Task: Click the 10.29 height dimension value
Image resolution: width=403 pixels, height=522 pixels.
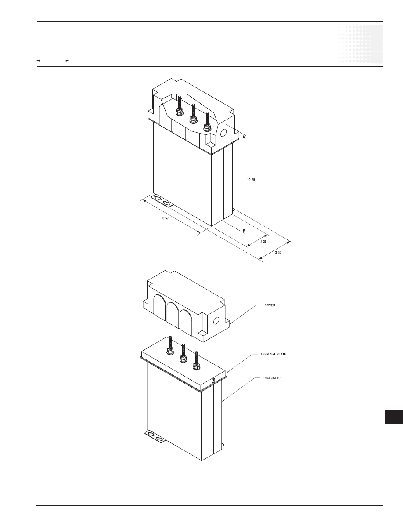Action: [x=251, y=180]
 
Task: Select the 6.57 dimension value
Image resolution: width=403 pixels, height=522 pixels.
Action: [x=166, y=218]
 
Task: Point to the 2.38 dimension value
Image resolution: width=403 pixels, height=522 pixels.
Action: [x=263, y=241]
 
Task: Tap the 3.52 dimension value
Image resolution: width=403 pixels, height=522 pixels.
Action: [x=278, y=253]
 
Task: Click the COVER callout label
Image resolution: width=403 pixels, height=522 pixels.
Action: [x=270, y=305]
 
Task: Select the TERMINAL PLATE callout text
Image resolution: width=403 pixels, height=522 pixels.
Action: [x=273, y=354]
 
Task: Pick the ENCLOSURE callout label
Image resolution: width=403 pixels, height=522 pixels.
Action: [x=272, y=378]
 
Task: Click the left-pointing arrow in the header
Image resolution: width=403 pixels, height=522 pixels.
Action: [x=42, y=61]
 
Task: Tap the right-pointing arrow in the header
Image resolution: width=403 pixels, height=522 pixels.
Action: [x=63, y=61]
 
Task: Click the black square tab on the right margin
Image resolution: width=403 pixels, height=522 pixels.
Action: [x=394, y=417]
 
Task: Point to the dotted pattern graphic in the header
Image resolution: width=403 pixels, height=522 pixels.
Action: [x=361, y=44]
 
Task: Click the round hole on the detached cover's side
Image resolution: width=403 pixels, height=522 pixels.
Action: [x=216, y=321]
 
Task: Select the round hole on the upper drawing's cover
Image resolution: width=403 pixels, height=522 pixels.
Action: [x=223, y=133]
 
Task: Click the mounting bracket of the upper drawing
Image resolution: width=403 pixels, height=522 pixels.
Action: [x=162, y=201]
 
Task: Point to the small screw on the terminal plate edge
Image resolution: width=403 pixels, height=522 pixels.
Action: [x=213, y=380]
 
